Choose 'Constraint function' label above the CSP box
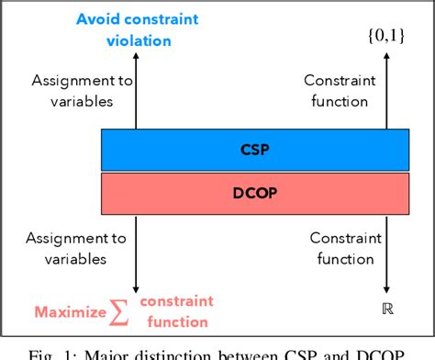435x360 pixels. [330, 90]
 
